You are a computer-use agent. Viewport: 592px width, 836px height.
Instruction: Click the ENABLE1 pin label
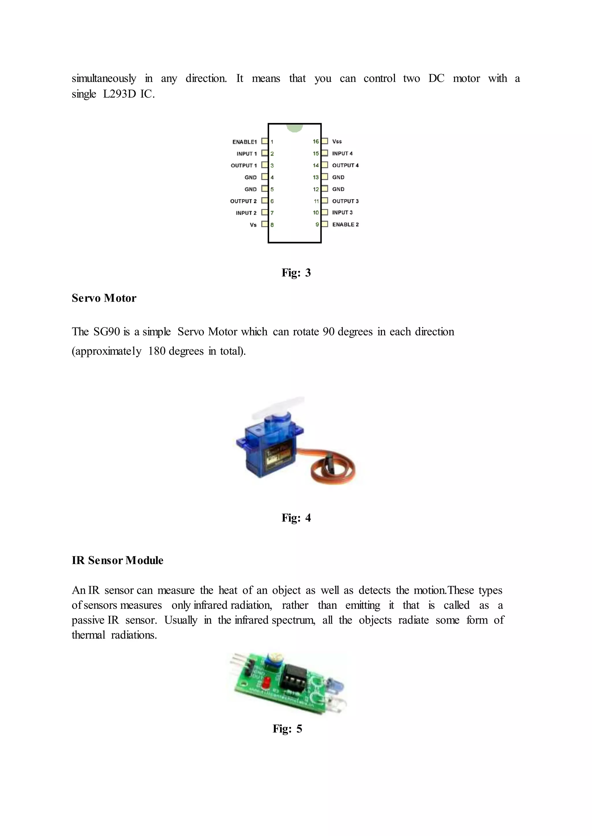point(244,142)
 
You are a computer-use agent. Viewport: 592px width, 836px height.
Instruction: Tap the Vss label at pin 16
point(337,141)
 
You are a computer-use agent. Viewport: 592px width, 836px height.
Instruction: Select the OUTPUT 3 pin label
point(345,201)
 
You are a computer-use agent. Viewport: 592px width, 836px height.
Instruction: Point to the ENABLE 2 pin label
point(345,225)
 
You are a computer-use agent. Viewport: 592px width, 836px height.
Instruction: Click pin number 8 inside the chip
point(272,225)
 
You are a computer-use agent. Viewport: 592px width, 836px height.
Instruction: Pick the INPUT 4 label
point(342,153)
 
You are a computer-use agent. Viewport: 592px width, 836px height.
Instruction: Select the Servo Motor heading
point(104,298)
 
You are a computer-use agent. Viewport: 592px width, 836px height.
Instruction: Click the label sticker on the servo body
point(279,455)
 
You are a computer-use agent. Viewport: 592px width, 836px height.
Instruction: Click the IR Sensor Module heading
point(117,560)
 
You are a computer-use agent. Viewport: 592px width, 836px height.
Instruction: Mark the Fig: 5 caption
point(287,729)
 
